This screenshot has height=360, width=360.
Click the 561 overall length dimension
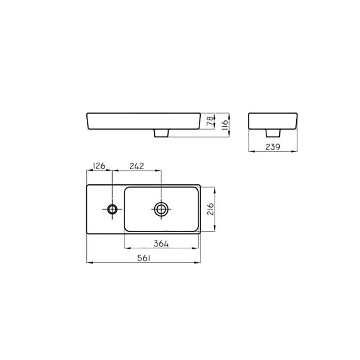click(144, 258)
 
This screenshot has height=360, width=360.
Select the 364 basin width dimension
click(161, 244)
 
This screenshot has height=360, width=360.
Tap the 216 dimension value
click(211, 209)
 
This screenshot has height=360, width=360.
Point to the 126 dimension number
click(99, 166)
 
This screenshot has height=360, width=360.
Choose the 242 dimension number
click(137, 166)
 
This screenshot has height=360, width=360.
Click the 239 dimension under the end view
click(273, 147)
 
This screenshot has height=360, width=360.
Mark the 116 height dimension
click(224, 125)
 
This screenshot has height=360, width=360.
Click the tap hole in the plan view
click(112, 209)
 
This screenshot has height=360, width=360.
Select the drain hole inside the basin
click(161, 209)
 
